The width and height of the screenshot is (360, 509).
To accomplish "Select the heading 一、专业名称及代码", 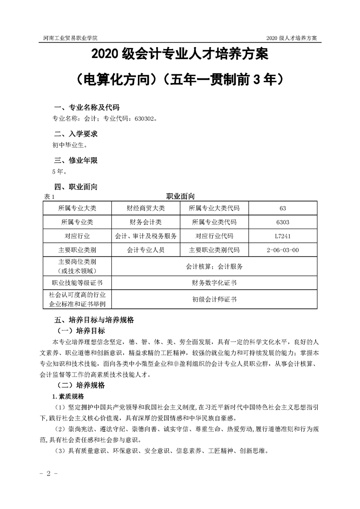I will (87, 108).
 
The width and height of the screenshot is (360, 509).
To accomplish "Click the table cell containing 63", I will (283, 208).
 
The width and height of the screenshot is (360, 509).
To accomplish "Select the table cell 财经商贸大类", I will (146, 208).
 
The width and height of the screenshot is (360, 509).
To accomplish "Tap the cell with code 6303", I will (283, 222).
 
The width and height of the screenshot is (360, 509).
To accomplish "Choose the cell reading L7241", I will (283, 236).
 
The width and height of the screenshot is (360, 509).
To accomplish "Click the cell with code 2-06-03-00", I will (283, 250).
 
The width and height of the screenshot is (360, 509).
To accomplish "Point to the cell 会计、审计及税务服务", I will (146, 236).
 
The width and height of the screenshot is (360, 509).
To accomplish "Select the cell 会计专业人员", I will (146, 250).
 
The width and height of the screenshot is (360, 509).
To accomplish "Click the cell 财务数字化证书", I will (215, 283).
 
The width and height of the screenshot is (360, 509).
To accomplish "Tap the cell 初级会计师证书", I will (215, 299).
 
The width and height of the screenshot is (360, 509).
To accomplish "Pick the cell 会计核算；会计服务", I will (215, 266).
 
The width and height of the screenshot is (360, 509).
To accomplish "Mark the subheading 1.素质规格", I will (69, 396).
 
